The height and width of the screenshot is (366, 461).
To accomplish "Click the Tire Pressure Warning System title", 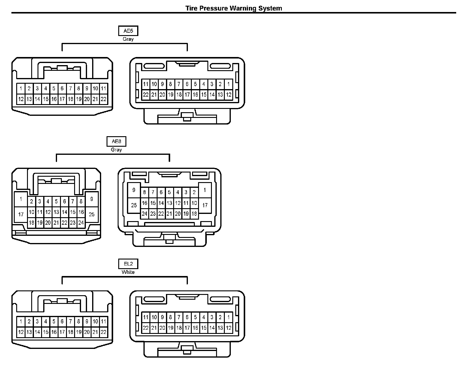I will pos(234,8).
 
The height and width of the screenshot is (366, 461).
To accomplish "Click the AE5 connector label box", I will pos(128,31).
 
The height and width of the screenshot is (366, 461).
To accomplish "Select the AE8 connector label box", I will pos(116,141).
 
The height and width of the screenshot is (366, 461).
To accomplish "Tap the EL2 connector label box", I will pos(128,264).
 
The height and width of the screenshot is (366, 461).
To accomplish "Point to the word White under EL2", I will pos(128,272).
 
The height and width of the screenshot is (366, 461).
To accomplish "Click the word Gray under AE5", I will pos(128,39).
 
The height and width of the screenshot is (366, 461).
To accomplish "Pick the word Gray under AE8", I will pos(116,150).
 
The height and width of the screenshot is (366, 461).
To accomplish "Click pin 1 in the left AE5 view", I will pos(21,88).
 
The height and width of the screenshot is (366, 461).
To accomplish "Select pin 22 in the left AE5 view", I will pos(104,99).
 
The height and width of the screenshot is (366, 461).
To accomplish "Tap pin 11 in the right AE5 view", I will pos(146,84).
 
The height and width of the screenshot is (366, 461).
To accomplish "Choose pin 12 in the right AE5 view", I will pos(228,95).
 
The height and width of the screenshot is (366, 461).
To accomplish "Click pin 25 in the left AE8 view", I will pos(92,214).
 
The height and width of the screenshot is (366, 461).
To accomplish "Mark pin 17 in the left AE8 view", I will pos(21,214).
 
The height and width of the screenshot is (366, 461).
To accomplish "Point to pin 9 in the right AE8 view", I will pos(134,190).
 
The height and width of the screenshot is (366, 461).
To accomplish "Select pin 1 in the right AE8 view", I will pos(205,190).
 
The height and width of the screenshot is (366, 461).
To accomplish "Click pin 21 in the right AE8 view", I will pos(169,214).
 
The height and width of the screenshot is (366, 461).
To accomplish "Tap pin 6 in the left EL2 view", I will pos(62,322).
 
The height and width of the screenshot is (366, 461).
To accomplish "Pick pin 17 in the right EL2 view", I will pos(187,328).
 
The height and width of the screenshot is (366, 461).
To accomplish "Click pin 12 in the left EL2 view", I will pos(21,332).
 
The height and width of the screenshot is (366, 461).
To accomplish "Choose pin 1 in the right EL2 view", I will pos(228,317).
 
